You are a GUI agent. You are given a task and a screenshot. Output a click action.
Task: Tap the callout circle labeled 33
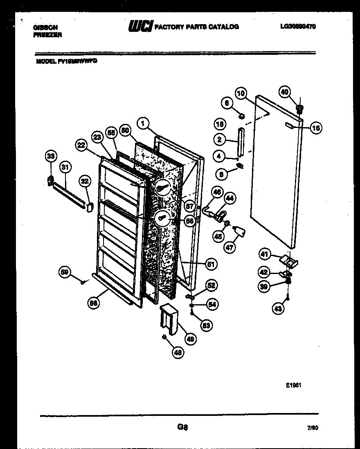pos(51,156)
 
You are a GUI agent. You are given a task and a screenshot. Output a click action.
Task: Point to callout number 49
pos(190,338)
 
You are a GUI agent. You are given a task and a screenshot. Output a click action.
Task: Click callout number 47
pos(230,247)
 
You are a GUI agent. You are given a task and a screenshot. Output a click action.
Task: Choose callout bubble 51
pos(211,264)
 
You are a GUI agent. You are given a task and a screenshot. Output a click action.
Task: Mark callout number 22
pos(81,145)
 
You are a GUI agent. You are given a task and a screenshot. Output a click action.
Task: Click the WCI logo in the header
pos(141,27)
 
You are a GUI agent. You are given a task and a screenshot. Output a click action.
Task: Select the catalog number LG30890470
pos(298,27)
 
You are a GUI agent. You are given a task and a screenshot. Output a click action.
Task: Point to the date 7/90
pos(312,428)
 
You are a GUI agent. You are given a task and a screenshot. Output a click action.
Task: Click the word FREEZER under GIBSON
pos(47,35)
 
